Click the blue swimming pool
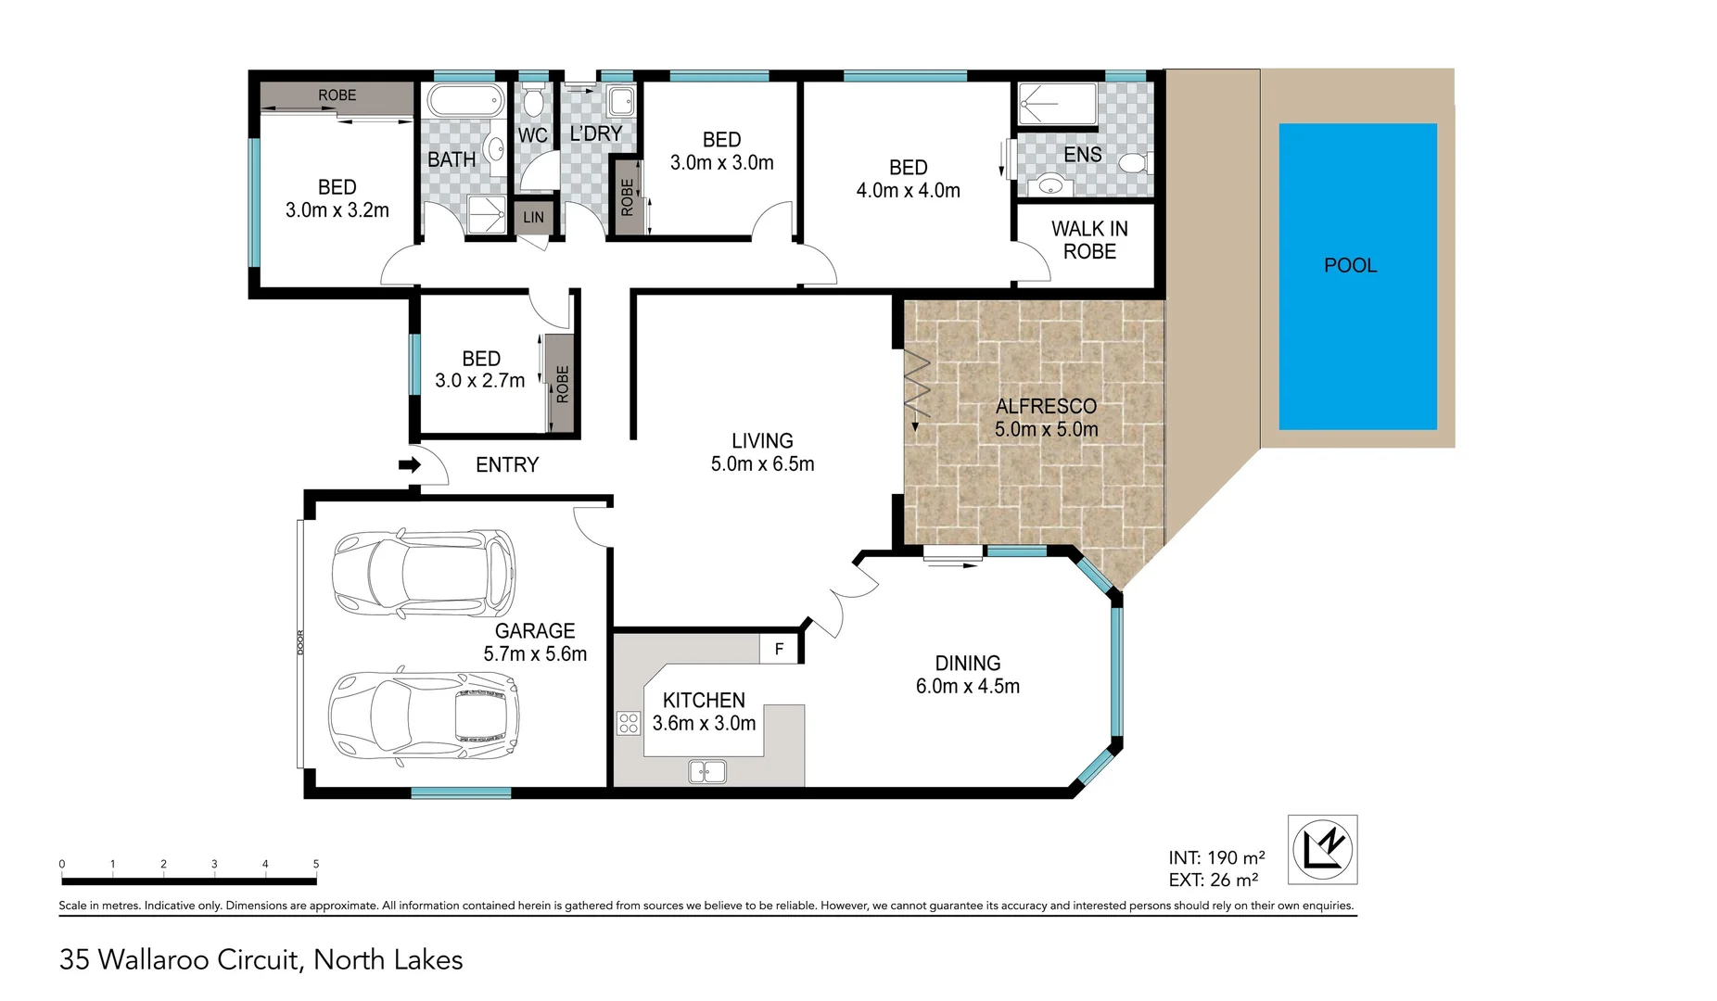tap(1357, 276)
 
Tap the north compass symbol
tap(1322, 849)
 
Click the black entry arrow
tap(409, 464)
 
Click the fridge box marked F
tap(779, 649)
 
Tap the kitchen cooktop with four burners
tap(629, 723)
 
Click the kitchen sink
tap(707, 771)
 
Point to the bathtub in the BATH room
tap(465, 100)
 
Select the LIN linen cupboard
tap(533, 218)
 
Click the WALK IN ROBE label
tap(1089, 240)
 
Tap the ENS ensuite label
tap(1082, 155)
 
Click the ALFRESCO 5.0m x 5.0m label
tap(1046, 418)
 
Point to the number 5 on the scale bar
tap(316, 864)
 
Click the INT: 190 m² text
tap(1216, 858)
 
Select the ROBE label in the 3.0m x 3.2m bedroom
tap(337, 95)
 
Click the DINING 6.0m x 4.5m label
tap(967, 675)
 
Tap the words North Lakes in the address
tap(388, 960)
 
